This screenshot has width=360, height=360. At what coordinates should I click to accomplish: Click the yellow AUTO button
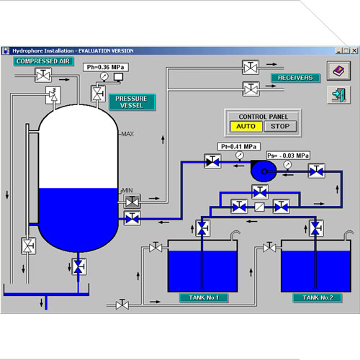246,126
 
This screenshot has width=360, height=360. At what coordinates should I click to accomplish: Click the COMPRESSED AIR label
43,61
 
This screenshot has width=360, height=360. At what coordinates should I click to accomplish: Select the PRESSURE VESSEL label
132,102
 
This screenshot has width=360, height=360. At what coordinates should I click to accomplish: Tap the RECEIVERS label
295,78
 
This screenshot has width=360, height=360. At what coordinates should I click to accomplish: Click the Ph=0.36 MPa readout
106,67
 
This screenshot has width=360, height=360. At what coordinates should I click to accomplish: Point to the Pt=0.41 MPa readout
239,146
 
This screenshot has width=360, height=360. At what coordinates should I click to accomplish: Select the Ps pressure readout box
288,156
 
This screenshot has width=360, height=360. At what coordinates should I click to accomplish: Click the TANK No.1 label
204,297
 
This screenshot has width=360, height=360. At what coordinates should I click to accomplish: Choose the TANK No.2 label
318,297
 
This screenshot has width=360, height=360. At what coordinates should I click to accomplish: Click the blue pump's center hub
264,171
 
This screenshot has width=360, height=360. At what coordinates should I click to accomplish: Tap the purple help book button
338,71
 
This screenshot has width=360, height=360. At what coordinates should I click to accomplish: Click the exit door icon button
338,95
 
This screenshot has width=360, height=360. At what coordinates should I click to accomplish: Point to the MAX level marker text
127,134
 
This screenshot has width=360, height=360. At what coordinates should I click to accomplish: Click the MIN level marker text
127,190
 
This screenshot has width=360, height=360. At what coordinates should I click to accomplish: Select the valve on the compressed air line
43,76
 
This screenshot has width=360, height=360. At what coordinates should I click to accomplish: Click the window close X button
354,50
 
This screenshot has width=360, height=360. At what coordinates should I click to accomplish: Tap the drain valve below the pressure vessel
78,266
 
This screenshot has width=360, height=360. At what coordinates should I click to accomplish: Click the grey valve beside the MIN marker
132,202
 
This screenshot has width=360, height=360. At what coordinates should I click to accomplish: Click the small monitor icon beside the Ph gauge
118,77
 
